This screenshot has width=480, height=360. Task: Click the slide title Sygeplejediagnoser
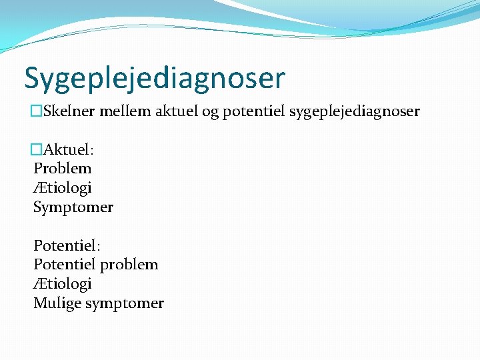click(x=155, y=78)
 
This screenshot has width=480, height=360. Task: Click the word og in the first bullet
click(x=210, y=112)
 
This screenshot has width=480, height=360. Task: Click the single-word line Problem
click(x=63, y=169)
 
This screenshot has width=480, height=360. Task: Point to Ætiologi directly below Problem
click(x=63, y=188)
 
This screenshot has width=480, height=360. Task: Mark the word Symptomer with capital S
click(x=73, y=207)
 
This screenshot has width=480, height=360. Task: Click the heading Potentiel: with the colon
click(x=67, y=245)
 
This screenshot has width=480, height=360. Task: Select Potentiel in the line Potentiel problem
click(x=65, y=265)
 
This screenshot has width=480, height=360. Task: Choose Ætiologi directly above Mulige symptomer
click(x=63, y=284)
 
